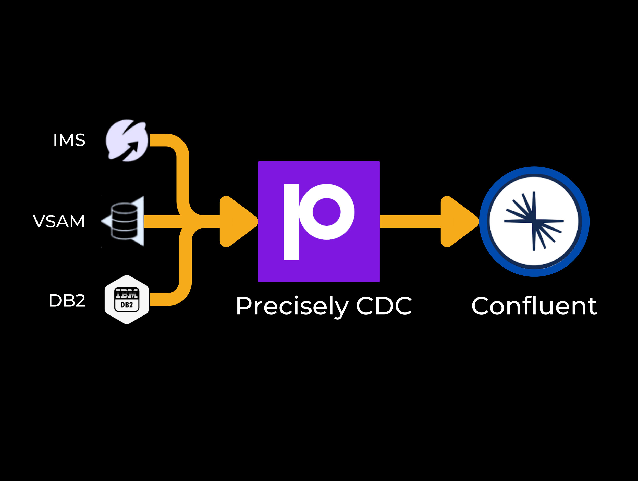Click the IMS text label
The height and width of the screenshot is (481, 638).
click(x=69, y=140)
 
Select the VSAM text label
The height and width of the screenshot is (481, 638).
click(x=59, y=221)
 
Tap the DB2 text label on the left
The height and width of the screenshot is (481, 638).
click(x=67, y=301)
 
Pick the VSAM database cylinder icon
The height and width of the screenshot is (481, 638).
click(x=125, y=221)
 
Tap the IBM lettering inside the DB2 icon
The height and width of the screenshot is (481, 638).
click(x=127, y=294)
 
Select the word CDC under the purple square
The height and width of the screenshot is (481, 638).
click(x=384, y=306)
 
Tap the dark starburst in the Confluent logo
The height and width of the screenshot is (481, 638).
click(x=534, y=221)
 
